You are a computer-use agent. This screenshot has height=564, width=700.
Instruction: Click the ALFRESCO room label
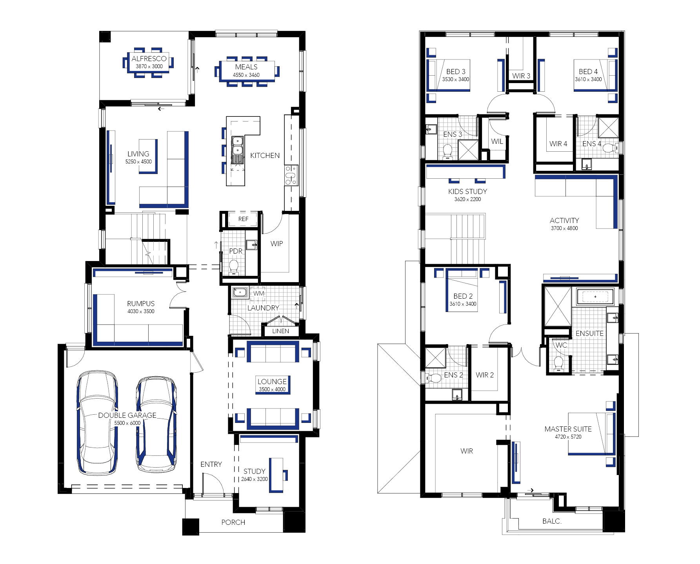point(149,58)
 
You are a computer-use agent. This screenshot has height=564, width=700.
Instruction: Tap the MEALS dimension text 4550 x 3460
point(246,75)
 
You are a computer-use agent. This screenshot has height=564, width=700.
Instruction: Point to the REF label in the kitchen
point(243,219)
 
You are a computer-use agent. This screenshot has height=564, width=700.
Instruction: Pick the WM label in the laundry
point(259,293)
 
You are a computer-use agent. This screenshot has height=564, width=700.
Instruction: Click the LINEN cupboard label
point(280,331)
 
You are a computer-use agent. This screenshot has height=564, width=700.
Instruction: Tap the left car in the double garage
point(97,423)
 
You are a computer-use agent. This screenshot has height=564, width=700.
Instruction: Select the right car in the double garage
point(156,424)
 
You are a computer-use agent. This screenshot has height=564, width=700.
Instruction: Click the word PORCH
point(233,522)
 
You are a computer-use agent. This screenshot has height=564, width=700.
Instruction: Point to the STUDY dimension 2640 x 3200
point(255,479)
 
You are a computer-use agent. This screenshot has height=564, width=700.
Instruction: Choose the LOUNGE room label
point(272,381)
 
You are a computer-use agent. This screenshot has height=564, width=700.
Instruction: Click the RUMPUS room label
point(141,303)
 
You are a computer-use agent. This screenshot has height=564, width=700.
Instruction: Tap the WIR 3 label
point(521,76)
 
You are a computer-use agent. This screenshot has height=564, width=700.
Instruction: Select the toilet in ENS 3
point(447,151)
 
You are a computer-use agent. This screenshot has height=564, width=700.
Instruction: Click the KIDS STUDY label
point(467,191)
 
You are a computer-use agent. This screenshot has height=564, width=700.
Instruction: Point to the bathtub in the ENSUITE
point(595,297)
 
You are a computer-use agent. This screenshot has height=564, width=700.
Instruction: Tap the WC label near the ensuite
point(562,345)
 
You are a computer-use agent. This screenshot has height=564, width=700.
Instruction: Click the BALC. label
point(552,521)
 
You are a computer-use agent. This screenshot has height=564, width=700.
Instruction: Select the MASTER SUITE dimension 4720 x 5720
point(568,437)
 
